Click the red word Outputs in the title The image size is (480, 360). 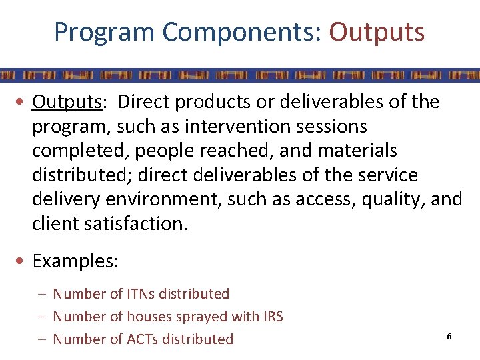coord(377,31)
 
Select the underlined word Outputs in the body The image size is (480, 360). coord(67,102)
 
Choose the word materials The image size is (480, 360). coord(357,151)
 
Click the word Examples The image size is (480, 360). coord(75,261)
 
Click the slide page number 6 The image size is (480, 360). coord(449,337)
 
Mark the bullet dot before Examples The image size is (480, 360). coord(23,261)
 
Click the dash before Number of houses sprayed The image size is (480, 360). coord(43,317)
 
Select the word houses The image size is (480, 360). coord(151,317)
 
